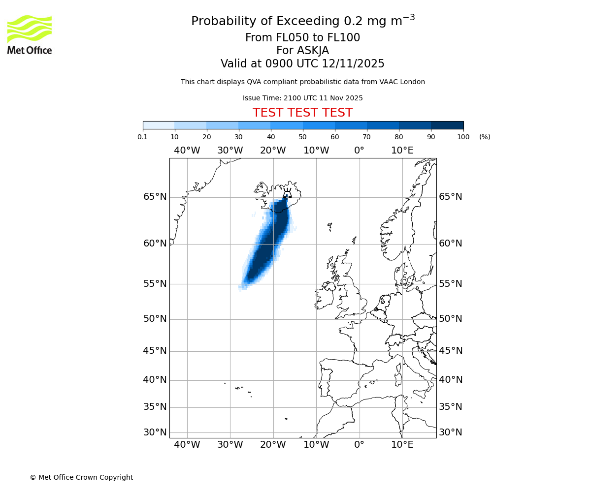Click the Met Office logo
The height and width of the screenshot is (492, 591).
pos(30,34)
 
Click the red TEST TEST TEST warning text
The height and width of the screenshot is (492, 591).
pos(302,113)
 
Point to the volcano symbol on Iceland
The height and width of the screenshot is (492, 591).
pos(287,192)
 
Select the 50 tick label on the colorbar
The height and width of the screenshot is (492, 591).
pos(302,137)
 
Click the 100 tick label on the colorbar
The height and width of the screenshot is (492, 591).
pos(463,137)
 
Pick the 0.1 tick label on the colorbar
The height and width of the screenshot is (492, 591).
pos(143,137)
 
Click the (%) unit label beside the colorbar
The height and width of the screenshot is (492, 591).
pos(485,137)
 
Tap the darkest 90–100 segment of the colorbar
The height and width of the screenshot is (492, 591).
pos(447,125)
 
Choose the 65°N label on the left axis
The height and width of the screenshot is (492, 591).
pos(155,197)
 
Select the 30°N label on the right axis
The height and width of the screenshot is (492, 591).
pos(451,432)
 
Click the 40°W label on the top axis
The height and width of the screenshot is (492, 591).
pos(187,151)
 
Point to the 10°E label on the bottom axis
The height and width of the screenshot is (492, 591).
pos(402,445)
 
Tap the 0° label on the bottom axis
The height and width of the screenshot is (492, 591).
pos(359,445)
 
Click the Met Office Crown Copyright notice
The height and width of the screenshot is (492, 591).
pos(81,477)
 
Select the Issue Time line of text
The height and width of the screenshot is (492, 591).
pos(302,98)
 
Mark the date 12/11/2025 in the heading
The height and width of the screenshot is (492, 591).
pos(353,64)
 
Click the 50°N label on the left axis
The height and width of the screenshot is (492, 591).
pos(155,319)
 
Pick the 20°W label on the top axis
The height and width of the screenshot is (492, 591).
pos(273,151)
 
